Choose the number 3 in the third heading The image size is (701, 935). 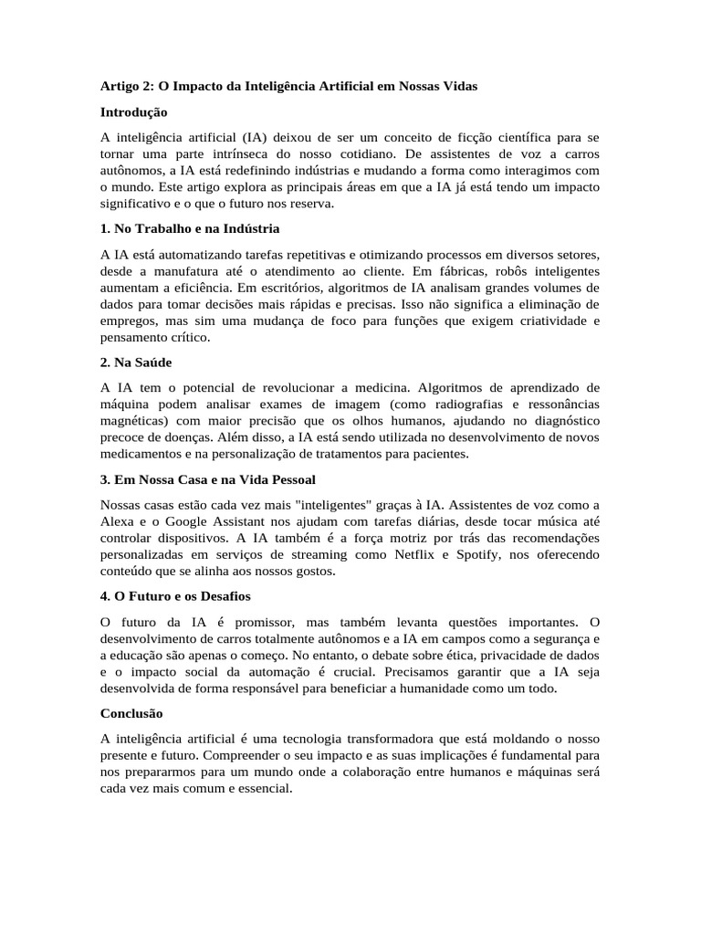coord(104,479)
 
